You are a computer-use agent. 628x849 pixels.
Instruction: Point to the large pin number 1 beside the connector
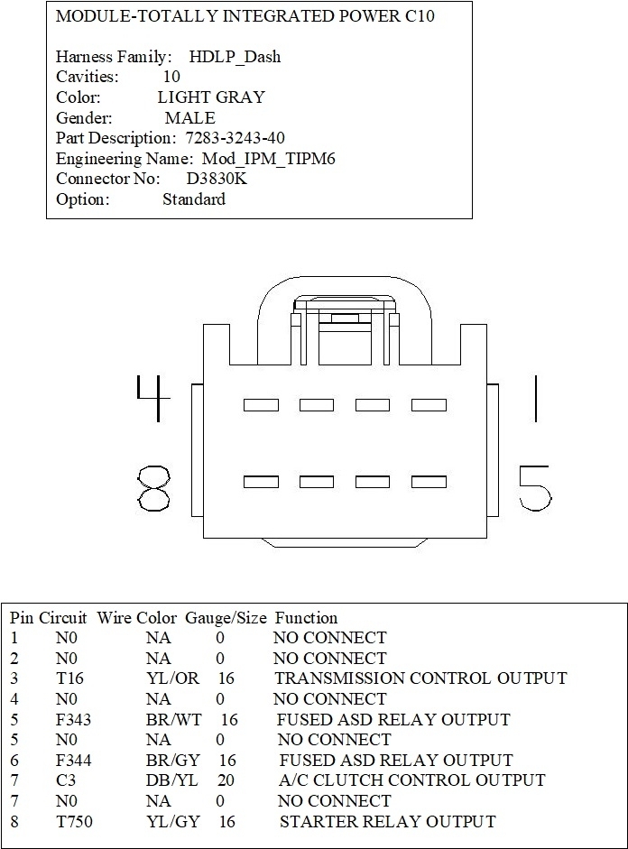point(536,399)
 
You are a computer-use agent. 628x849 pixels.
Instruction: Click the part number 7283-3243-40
point(234,138)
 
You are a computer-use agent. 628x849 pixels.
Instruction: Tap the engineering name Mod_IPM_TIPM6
point(269,158)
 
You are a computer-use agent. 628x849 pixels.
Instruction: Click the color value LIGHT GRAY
point(211,97)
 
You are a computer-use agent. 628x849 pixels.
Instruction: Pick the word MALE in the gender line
point(189,118)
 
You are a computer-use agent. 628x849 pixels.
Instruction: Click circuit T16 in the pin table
point(68,678)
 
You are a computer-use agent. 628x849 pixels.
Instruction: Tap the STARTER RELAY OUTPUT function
point(387,821)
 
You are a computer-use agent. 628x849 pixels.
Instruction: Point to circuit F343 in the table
point(72,719)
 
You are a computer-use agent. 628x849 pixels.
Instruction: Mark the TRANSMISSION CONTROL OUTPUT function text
point(420,678)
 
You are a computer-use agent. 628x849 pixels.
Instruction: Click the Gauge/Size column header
point(226,618)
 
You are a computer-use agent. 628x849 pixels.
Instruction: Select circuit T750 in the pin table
point(73,821)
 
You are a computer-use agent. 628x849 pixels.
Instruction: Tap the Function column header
point(306,618)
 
